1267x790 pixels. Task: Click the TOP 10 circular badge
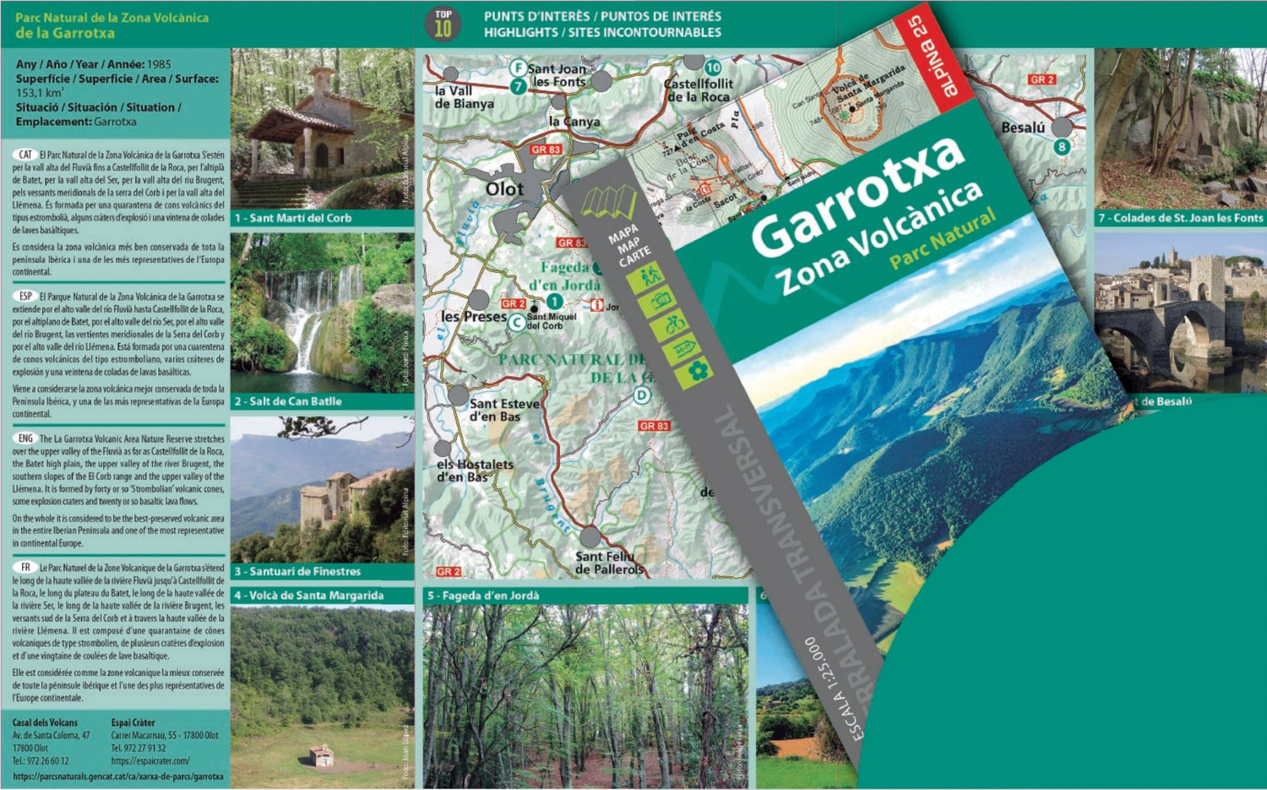coord(443,24)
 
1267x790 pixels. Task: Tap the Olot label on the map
coord(504,189)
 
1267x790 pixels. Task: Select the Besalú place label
coord(1022,128)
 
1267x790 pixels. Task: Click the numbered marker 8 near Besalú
coord(1062,146)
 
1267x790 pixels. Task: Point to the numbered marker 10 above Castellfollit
coord(713,68)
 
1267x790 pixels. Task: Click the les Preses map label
coord(473,317)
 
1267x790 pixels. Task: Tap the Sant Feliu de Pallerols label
coord(609,563)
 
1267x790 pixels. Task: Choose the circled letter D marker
coord(643,395)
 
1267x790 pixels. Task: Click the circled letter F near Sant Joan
coord(519,68)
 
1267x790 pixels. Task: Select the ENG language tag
coord(25,439)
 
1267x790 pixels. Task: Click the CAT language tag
coord(25,155)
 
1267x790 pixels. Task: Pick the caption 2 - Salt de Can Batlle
coord(288,401)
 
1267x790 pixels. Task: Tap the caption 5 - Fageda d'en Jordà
coord(483,596)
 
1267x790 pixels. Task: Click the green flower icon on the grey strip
coord(698,371)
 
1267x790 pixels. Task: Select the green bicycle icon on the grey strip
coord(674,324)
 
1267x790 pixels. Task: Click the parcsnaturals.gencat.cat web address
coord(118,776)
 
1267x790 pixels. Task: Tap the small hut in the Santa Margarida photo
coord(320,754)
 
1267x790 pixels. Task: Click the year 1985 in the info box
coord(159,64)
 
